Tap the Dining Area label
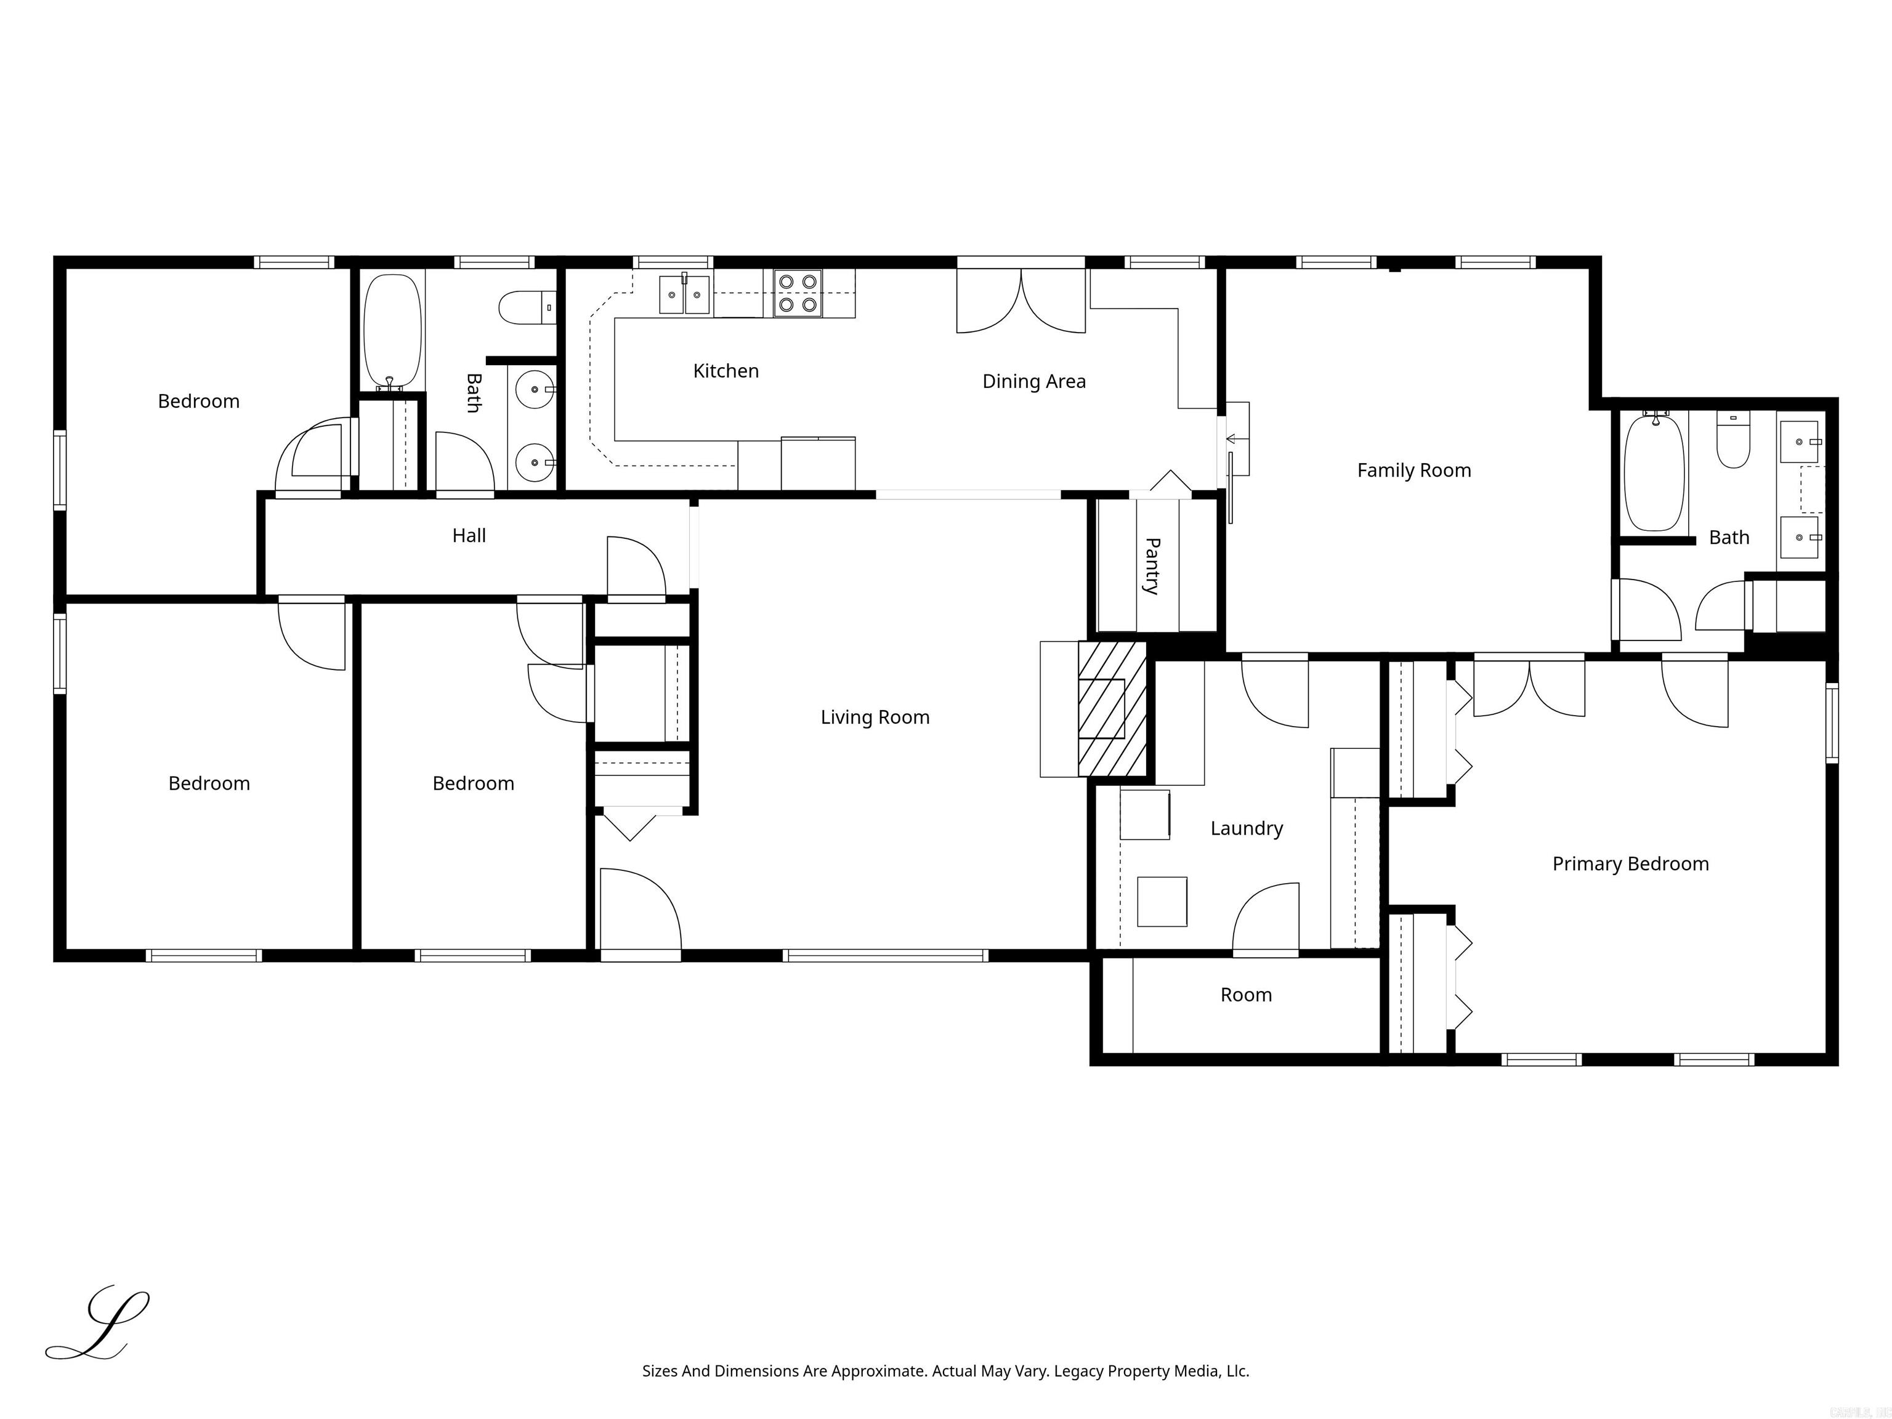coord(1033,381)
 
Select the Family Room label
coord(1414,471)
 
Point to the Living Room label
coord(874,718)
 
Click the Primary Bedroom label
coord(1630,864)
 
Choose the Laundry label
coord(1246,828)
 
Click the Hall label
coord(469,535)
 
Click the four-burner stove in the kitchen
coord(797,293)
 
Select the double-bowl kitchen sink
coord(684,295)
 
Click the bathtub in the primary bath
coord(1654,473)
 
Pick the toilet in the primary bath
coord(1733,440)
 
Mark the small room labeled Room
coord(1245,995)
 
